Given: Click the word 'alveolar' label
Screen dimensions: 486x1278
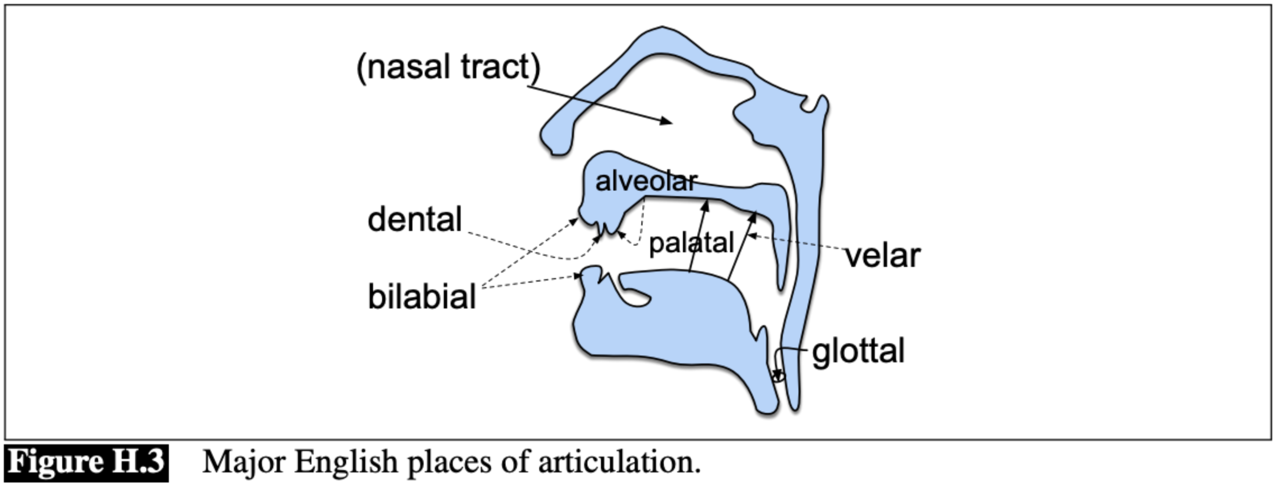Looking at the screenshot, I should click(646, 182).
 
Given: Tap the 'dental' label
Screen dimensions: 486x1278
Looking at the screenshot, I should click(415, 219).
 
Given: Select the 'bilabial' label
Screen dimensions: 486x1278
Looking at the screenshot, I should click(422, 297).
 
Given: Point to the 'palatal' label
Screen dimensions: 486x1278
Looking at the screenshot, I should click(691, 243).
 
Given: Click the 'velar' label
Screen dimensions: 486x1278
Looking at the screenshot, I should click(883, 256).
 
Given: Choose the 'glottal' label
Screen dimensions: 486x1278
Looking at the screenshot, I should click(858, 352).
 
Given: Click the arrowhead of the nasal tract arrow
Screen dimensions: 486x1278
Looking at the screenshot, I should click(668, 121).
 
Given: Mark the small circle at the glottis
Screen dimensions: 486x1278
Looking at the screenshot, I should click(779, 376).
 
